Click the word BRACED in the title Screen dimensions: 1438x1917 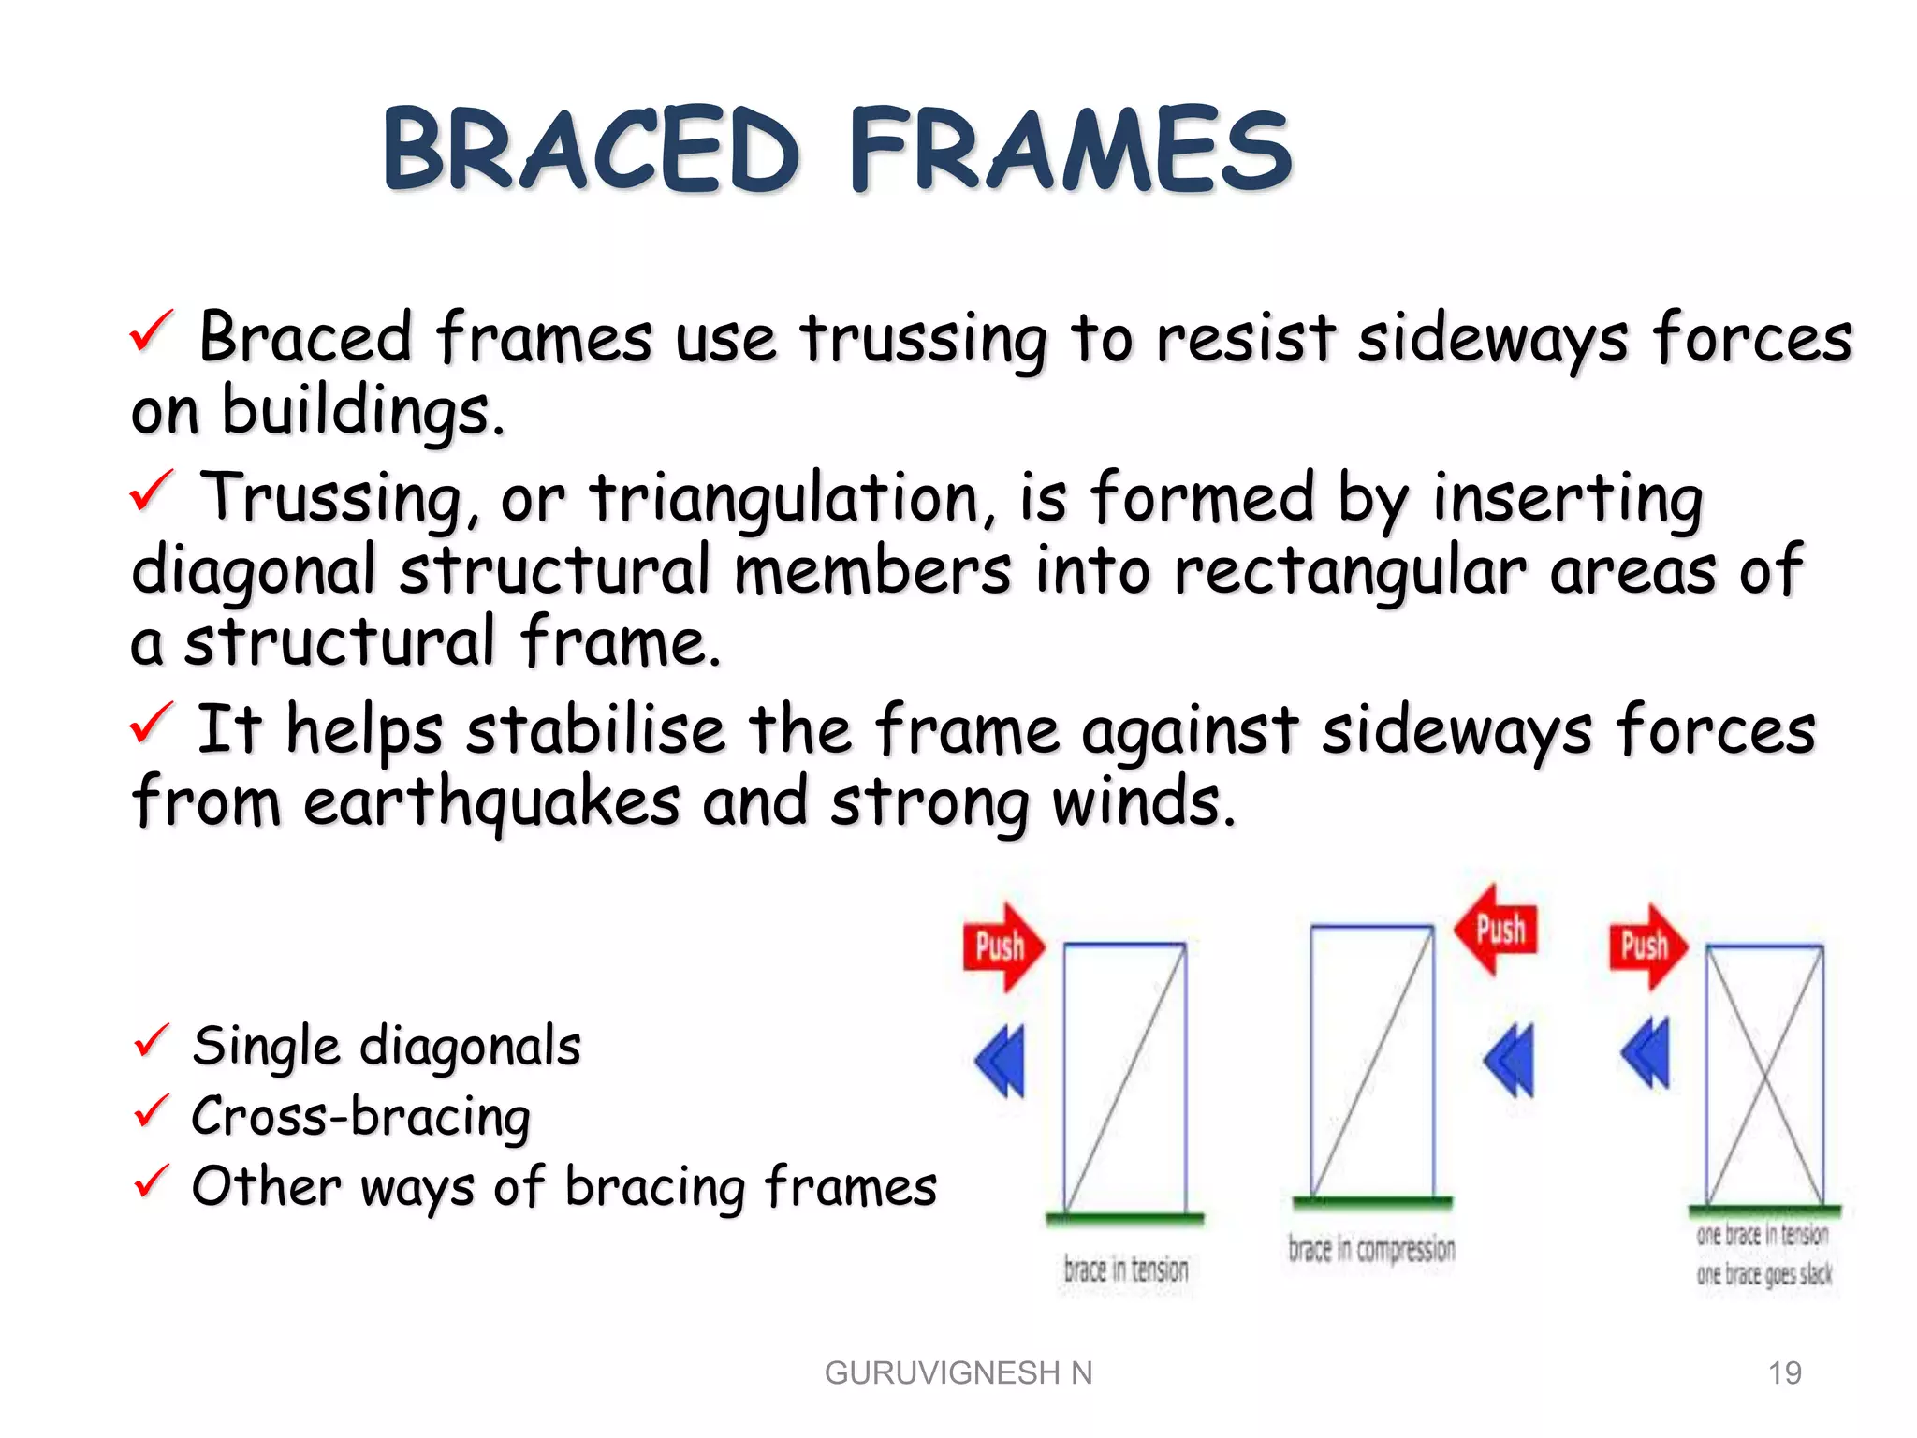pos(592,150)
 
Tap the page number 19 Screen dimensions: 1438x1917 pos(1784,1372)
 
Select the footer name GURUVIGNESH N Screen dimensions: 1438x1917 pos(958,1372)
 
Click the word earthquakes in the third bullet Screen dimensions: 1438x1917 pos(491,803)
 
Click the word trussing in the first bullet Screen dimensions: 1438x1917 pos(922,339)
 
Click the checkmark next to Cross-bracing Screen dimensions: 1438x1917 pos(152,1110)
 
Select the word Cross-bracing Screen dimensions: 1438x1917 pos(360,1116)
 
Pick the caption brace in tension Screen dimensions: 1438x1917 pos(1125,1269)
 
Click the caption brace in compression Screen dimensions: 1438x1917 pos(1371,1249)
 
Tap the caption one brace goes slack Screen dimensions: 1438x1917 pos(1763,1274)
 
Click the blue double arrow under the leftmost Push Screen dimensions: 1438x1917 pos(1002,1061)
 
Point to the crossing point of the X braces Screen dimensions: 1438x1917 pos(1765,1077)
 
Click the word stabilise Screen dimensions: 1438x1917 pos(595,730)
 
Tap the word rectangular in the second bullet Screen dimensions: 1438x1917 pos(1349,571)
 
